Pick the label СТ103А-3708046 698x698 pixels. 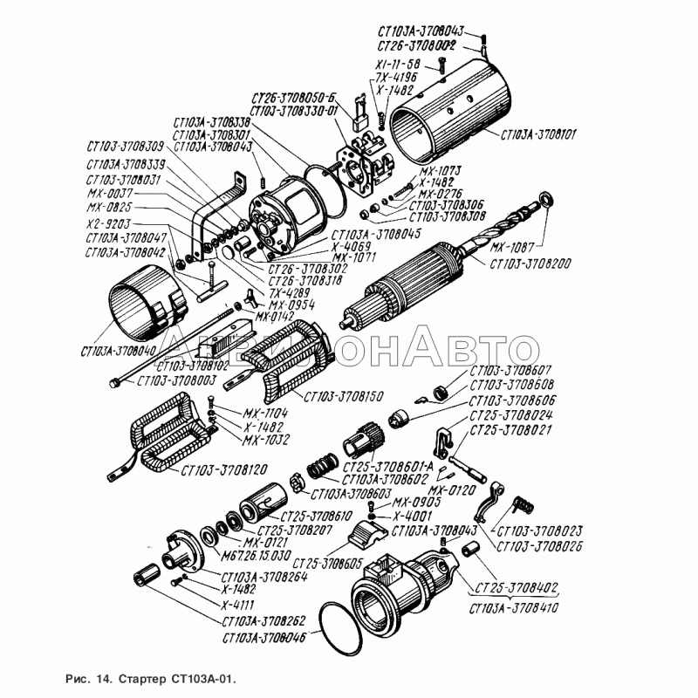tap(264, 639)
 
